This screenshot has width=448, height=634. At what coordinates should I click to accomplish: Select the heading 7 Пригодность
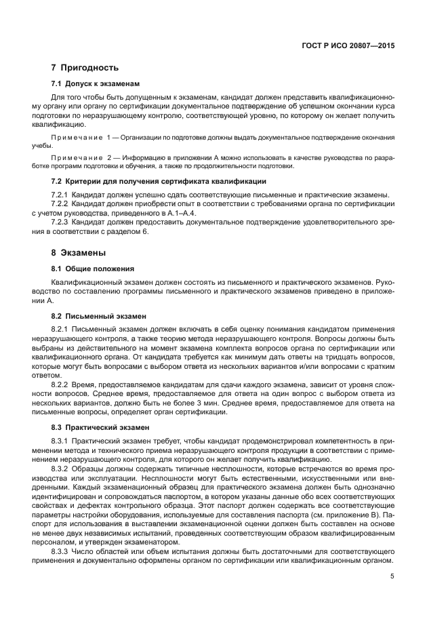click(85, 68)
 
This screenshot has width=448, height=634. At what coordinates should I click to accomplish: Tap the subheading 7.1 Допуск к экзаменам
click(96, 84)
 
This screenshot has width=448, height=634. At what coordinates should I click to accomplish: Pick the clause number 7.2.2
click(62, 204)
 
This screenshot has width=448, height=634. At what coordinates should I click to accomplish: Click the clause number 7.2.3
click(62, 223)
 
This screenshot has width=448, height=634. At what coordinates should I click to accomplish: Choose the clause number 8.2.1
click(62, 330)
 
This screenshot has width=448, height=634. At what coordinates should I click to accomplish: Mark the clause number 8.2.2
click(62, 384)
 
